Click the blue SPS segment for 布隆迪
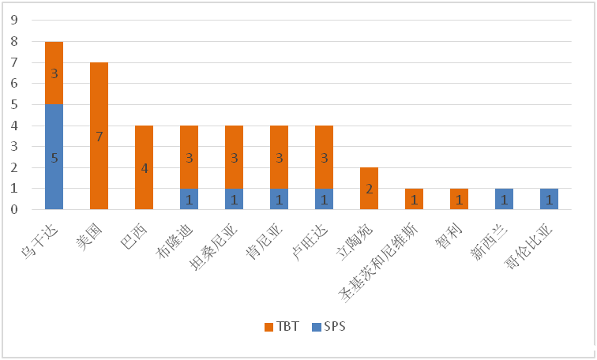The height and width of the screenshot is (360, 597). click(x=189, y=199)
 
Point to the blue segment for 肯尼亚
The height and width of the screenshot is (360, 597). click(x=279, y=199)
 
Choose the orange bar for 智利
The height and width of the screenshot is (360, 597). click(x=459, y=199)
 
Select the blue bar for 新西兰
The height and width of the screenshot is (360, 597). click(x=504, y=199)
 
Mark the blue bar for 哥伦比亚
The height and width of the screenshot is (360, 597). click(x=549, y=199)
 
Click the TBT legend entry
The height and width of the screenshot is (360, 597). click(x=281, y=326)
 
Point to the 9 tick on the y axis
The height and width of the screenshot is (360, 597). click(x=15, y=20)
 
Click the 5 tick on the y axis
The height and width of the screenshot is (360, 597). click(x=15, y=104)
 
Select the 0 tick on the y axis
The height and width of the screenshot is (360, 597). click(x=15, y=210)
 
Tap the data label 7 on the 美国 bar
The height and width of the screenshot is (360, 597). click(x=99, y=137)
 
